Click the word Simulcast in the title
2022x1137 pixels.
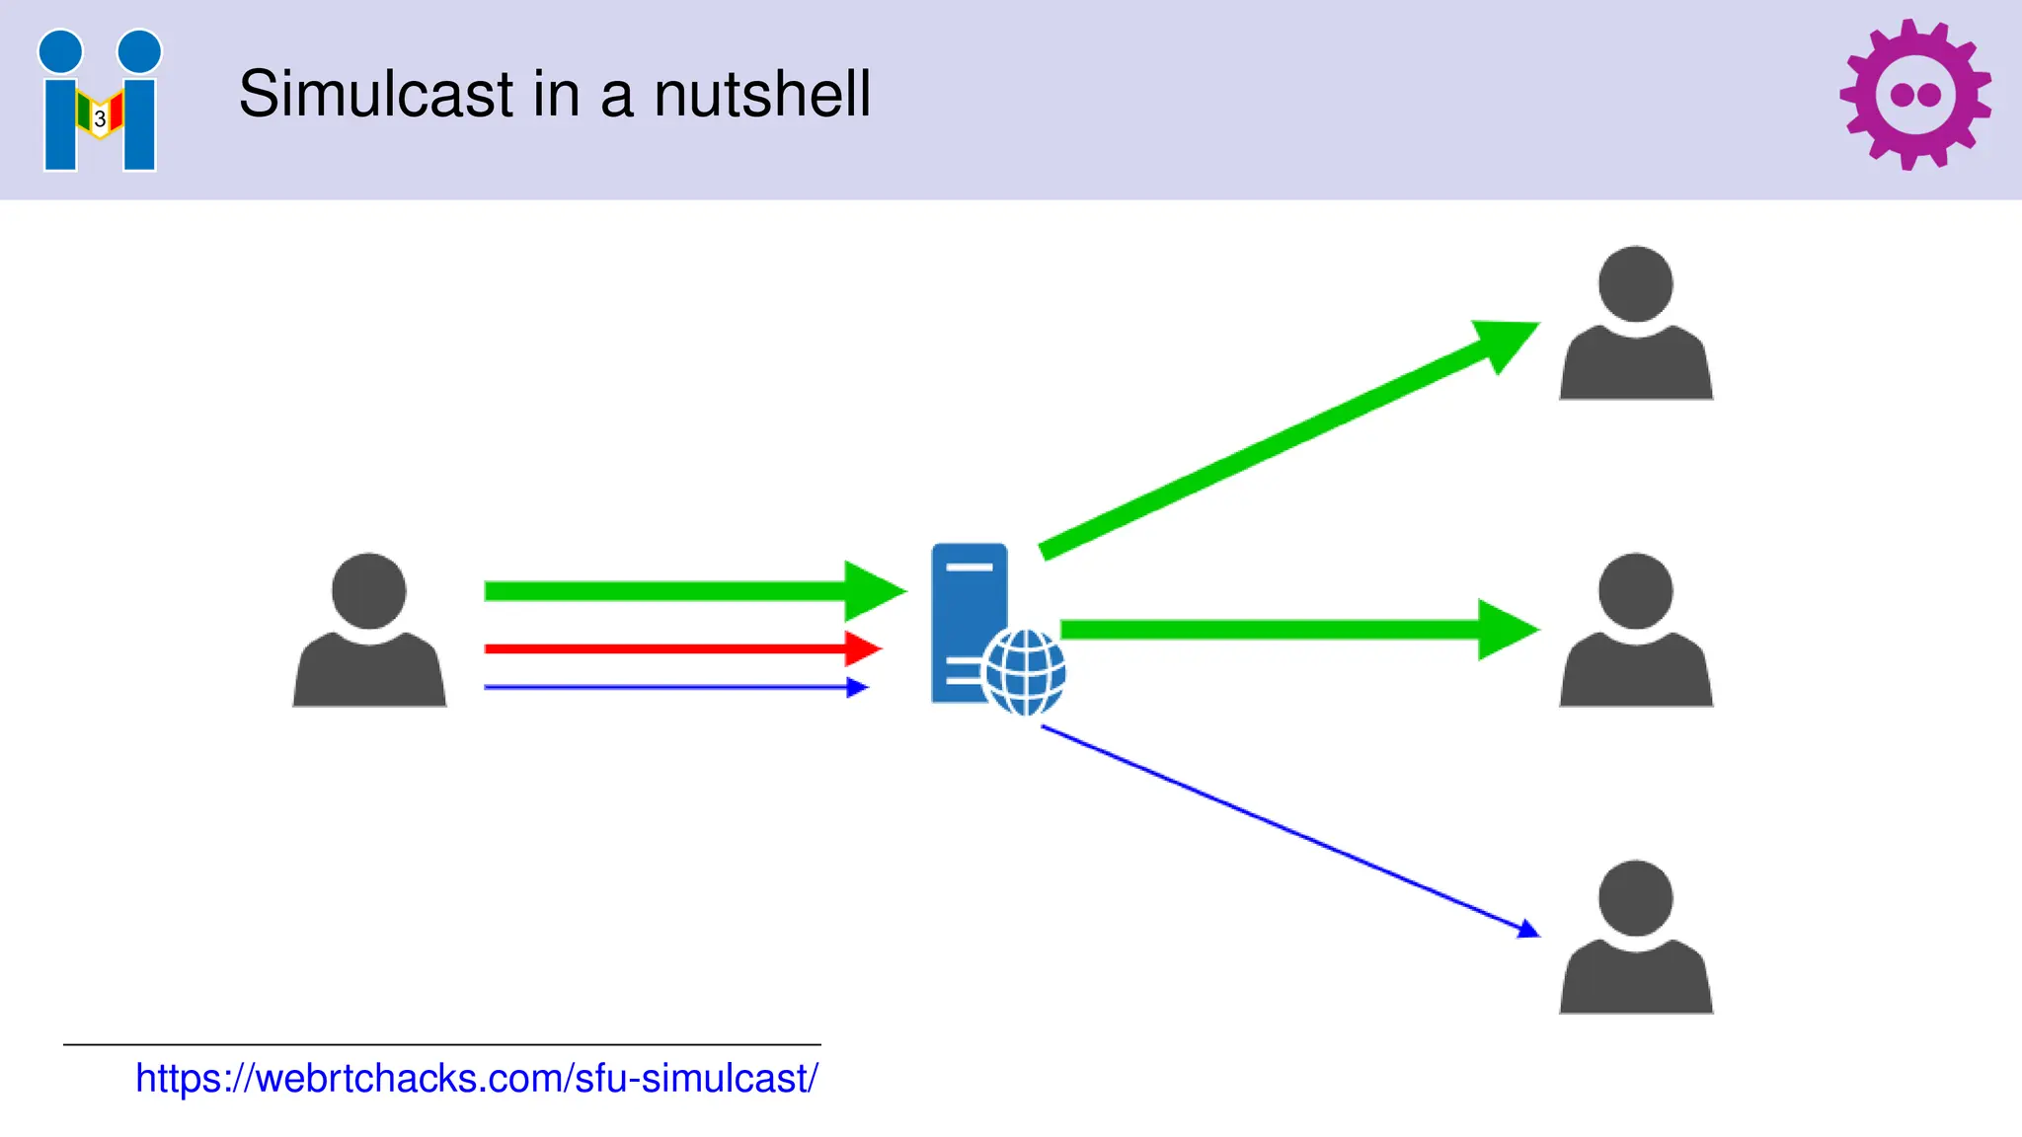[376, 95]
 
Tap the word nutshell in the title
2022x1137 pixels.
[762, 95]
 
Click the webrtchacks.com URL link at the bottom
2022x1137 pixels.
[476, 1078]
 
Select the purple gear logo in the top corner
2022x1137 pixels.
[1914, 95]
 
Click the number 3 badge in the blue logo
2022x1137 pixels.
[100, 119]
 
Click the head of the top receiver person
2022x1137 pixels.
[1635, 283]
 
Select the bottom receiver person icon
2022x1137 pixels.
[1635, 937]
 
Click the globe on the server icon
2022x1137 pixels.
[1025, 672]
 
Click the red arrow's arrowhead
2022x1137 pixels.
[862, 648]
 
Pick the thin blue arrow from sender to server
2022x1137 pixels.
[671, 687]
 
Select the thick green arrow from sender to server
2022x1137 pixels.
[671, 591]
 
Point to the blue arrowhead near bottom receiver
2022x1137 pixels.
[1527, 929]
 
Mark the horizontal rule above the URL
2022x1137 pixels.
[441, 1044]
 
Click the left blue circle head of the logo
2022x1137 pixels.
[60, 51]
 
